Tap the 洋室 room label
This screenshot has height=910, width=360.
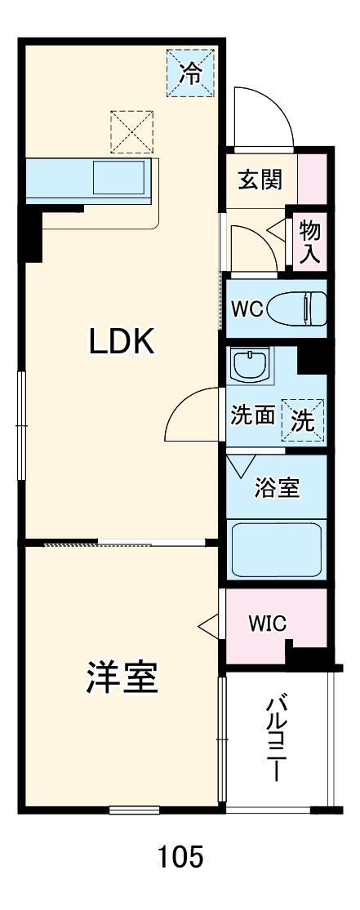click(122, 677)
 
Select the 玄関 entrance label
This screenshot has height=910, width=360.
click(260, 179)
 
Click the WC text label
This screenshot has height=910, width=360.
click(247, 309)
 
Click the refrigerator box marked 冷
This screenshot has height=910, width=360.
click(189, 73)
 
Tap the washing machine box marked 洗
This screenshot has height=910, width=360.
click(303, 419)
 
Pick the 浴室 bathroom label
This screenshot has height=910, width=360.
click(277, 488)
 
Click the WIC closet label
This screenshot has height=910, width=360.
click(267, 624)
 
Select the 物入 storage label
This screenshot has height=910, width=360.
click(310, 242)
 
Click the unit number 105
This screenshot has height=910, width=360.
click(180, 857)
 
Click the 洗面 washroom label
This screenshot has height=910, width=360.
click(252, 415)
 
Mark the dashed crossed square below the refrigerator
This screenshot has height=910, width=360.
click(132, 131)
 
